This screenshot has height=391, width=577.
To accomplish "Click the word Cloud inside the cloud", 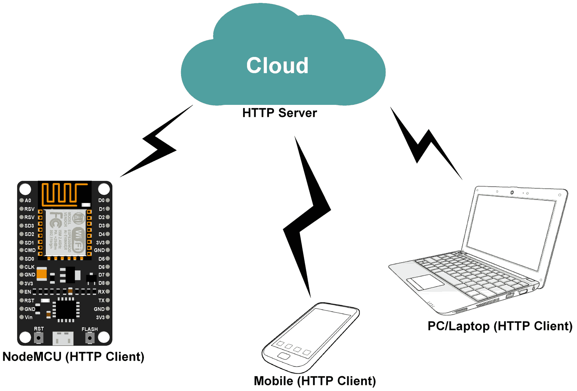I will click(277, 66).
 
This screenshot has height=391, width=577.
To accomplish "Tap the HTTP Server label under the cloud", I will click(279, 113).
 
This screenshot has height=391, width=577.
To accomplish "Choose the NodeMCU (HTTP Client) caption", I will click(73, 356).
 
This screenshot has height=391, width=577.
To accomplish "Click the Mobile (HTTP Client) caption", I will click(315, 381).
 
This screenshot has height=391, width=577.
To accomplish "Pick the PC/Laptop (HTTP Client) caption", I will click(500, 326).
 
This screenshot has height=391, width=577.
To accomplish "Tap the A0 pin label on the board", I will click(28, 200).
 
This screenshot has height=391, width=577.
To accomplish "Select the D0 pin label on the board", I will click(101, 200).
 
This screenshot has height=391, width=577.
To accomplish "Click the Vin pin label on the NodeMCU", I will click(28, 317).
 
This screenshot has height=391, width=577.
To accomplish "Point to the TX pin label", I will click(101, 300).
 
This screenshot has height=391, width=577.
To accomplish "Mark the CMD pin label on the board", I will click(30, 250).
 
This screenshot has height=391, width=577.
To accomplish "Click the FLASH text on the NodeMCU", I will click(89, 329).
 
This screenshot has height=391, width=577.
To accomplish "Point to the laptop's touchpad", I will click(425, 282).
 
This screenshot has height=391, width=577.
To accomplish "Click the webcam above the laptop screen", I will click(512, 193).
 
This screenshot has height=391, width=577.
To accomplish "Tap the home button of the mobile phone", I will click(284, 356).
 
